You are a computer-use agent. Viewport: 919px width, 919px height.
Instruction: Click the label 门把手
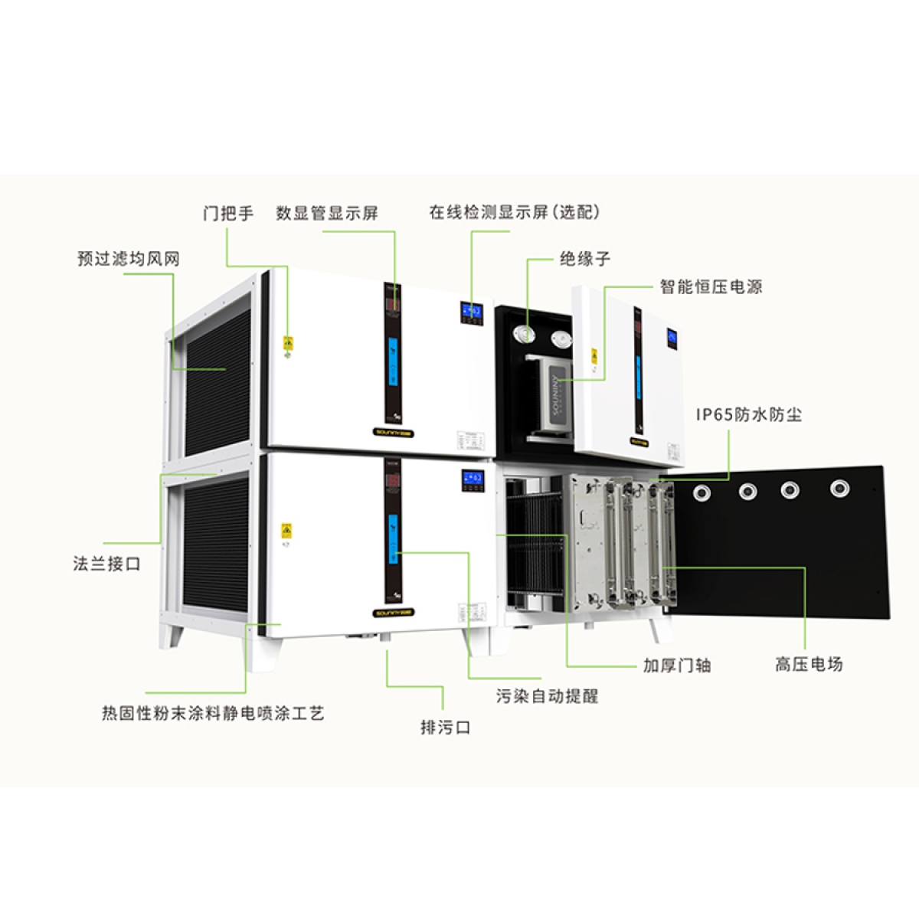tap(228, 213)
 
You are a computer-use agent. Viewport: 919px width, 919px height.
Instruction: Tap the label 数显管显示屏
tap(327, 213)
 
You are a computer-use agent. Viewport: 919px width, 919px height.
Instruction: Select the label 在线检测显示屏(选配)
tap(514, 212)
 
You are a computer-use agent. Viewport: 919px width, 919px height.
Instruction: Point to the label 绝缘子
tap(585, 259)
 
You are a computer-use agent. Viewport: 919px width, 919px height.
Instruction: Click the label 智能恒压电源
tap(711, 287)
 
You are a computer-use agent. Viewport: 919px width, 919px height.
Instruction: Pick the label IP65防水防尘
tap(748, 415)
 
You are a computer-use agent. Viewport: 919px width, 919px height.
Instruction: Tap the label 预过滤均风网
tap(129, 259)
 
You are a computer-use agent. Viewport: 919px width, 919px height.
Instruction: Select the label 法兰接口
tap(107, 564)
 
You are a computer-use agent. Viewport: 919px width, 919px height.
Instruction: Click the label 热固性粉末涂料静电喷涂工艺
tap(213, 714)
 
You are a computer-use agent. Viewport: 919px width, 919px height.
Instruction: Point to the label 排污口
tap(445, 728)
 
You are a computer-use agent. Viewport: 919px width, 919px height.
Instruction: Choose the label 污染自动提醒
tap(547, 696)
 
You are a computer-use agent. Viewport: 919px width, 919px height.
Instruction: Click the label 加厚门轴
tap(676, 666)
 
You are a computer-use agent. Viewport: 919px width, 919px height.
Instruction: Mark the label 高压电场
tap(809, 664)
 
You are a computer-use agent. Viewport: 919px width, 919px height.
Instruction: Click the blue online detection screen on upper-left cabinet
tap(471, 312)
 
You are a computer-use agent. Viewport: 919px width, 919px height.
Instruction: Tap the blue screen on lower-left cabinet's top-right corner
tap(472, 480)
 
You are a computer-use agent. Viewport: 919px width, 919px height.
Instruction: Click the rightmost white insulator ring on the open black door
tap(840, 487)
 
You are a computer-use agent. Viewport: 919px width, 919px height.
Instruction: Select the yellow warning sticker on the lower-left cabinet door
tap(286, 530)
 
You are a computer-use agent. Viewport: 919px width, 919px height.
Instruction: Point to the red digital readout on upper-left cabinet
tap(393, 306)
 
